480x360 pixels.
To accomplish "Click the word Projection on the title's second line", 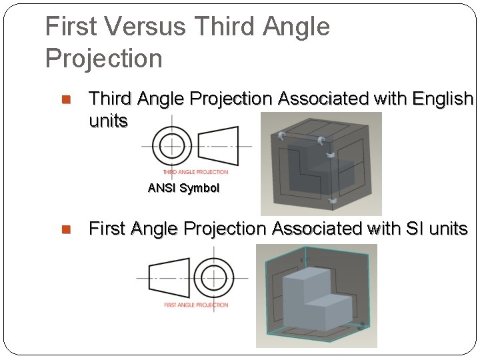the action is click(103, 59).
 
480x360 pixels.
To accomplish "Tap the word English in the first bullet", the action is click(443, 99).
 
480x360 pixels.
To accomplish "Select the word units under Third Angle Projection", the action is click(108, 121).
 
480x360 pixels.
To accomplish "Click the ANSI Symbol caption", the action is click(183, 188).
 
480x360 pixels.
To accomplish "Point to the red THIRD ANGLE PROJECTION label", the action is click(195, 172).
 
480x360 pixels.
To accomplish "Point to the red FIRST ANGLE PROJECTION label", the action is click(196, 305).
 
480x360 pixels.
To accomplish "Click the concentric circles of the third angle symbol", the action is click(172, 145).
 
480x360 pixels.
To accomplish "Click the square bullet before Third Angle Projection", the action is click(66, 100).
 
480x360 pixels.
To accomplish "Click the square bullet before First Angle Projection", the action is click(66, 230).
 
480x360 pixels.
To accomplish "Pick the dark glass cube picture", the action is click(320, 163).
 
